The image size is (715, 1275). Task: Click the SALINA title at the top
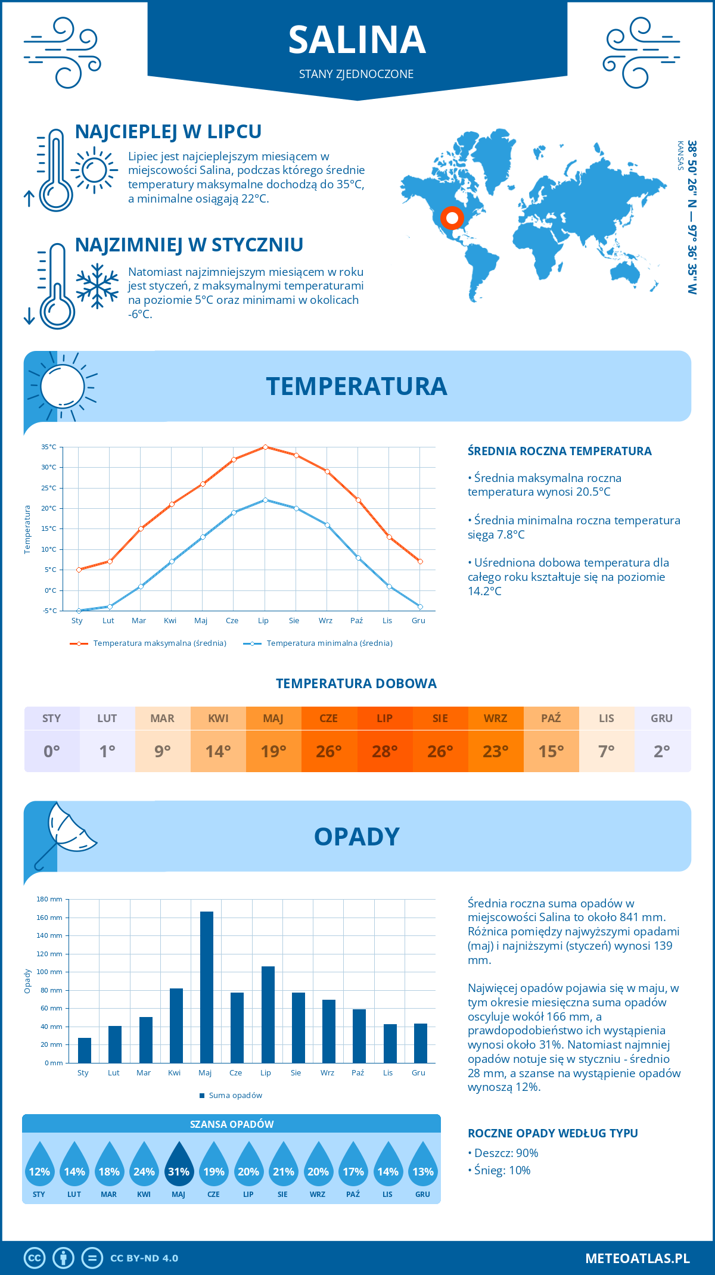(357, 40)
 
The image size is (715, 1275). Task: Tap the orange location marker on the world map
(452, 218)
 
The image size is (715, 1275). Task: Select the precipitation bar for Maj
(207, 987)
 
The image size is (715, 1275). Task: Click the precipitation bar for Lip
(268, 1015)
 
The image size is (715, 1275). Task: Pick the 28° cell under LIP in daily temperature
(385, 751)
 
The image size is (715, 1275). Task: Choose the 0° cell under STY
(52, 751)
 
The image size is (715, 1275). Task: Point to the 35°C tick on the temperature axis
(49, 447)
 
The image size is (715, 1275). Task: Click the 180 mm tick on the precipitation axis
(50, 899)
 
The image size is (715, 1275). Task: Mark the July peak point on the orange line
(265, 447)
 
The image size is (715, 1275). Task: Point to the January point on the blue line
(79, 611)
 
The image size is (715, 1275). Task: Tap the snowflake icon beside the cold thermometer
(97, 286)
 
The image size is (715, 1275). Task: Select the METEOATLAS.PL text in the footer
(638, 1258)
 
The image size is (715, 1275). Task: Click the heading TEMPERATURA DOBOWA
(356, 683)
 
